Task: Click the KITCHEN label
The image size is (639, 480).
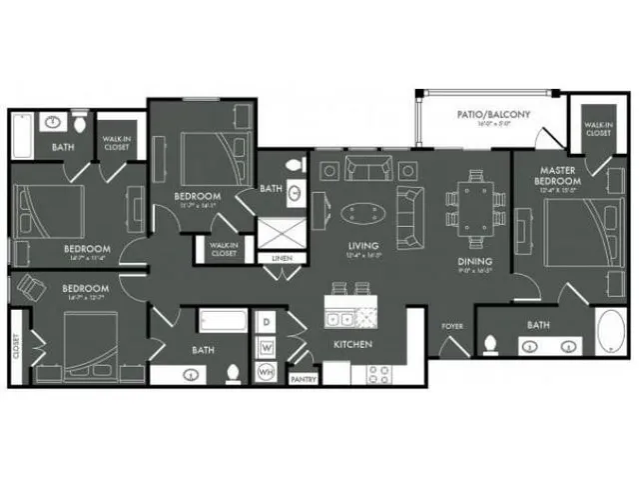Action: click(x=352, y=345)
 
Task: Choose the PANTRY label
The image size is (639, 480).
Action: click(x=303, y=379)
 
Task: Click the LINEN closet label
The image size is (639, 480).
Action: click(x=283, y=259)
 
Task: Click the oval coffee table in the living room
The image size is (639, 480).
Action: click(x=360, y=212)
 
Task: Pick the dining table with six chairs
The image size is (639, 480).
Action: click(x=470, y=204)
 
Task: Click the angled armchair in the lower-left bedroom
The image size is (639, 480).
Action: click(x=31, y=289)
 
